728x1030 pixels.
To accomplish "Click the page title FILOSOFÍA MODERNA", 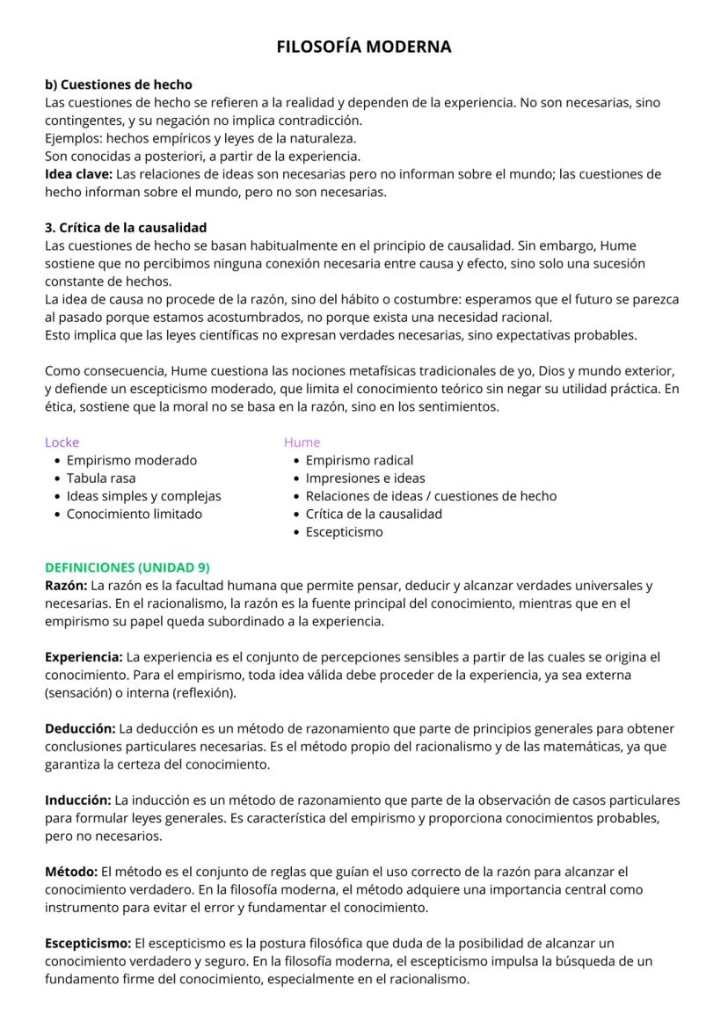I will click(364, 47).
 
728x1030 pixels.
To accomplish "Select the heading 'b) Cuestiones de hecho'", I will click(118, 85).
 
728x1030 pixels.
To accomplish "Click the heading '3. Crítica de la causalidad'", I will click(126, 228).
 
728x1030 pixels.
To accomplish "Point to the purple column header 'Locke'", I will click(62, 442).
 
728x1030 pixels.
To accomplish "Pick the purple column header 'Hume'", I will click(302, 442).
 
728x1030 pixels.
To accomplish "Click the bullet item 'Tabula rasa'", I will click(101, 478).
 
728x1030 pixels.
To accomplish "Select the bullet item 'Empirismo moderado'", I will click(132, 460).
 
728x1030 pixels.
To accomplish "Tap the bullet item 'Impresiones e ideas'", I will click(365, 478).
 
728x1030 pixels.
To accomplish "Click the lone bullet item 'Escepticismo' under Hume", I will click(344, 532).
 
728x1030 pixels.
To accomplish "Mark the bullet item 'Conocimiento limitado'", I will click(134, 514).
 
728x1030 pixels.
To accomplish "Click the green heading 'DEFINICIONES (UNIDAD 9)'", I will click(127, 567).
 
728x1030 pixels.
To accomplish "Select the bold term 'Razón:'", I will click(66, 585).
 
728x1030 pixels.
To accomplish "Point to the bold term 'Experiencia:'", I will click(84, 657).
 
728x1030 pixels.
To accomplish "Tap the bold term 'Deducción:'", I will click(80, 728).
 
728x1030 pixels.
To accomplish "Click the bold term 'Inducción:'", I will click(78, 800).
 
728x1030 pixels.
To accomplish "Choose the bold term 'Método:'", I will click(71, 872).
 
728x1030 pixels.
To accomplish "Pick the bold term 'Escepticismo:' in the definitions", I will click(88, 944).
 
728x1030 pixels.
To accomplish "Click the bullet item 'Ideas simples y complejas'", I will click(143, 496).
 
